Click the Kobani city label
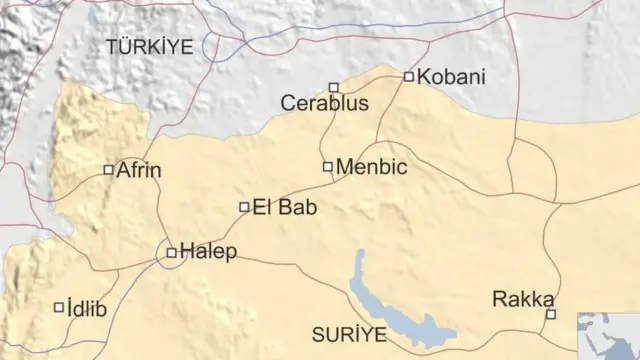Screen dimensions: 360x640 click(451, 77)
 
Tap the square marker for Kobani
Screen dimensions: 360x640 click(409, 76)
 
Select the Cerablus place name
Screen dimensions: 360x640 click(325, 103)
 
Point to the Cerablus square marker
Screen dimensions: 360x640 click(334, 87)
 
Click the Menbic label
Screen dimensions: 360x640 click(372, 167)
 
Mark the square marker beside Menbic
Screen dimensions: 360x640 click(328, 166)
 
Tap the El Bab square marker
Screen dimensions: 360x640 click(244, 207)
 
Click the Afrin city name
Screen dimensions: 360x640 click(139, 170)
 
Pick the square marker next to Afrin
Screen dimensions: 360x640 click(109, 170)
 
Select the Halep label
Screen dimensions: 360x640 click(209, 252)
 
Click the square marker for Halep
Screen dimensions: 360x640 click(172, 253)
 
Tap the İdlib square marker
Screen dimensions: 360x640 click(58, 308)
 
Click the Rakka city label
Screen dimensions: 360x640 click(524, 299)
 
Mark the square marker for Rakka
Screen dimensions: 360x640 click(550, 314)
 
